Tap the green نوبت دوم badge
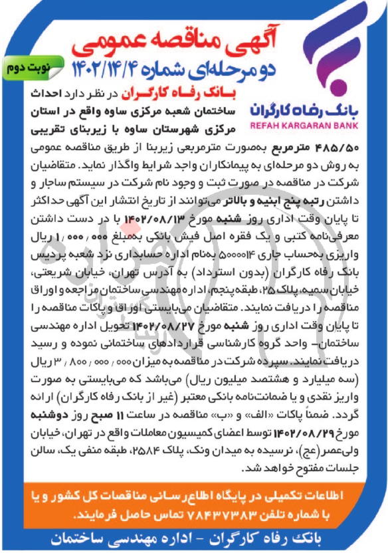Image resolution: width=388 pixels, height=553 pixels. click(x=30, y=68)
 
